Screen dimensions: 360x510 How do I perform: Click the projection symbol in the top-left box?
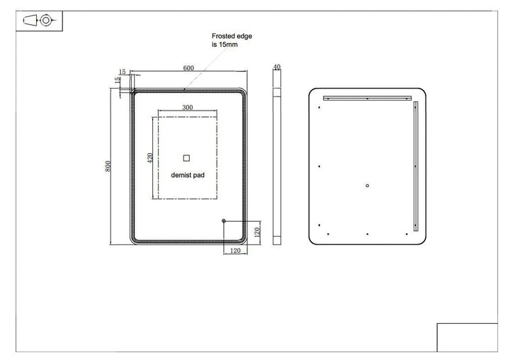pos(38,21)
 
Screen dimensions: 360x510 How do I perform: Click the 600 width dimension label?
pos(188,68)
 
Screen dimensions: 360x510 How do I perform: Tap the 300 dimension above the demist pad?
pos(187,107)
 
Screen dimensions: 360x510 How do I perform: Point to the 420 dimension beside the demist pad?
pos(149,157)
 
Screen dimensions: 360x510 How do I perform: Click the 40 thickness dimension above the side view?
pos(277,67)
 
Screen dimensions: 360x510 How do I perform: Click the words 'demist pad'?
pos(187,174)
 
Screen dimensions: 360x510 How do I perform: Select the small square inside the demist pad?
pos(187,157)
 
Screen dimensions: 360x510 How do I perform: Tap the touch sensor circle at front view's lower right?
pos(224,222)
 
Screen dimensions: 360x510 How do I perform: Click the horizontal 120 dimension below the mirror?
pos(234,249)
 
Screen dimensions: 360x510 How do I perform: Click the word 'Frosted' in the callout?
pos(224,35)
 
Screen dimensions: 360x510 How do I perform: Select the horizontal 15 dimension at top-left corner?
pos(123,72)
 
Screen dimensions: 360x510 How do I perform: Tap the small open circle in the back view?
pos(367,186)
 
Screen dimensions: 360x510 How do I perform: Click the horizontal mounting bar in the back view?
pos(366,97)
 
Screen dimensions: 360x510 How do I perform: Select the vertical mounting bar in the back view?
pos(416,164)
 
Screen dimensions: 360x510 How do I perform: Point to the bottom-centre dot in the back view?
pos(367,233)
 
